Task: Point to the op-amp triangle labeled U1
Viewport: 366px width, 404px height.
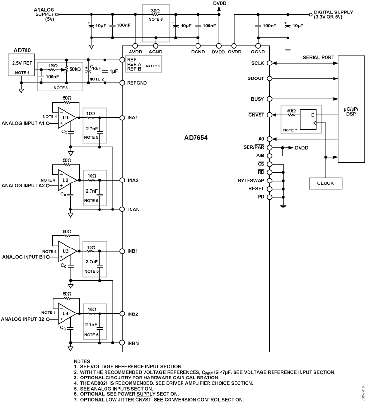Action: click(x=65, y=117)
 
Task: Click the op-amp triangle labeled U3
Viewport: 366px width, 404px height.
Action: click(x=65, y=251)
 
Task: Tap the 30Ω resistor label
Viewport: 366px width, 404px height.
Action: click(x=155, y=10)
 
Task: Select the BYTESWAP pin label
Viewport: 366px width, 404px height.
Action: click(x=249, y=180)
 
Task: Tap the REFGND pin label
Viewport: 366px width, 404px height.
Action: click(x=137, y=83)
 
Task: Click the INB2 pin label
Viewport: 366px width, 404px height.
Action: click(x=133, y=314)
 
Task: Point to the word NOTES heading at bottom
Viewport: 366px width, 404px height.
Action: click(x=82, y=361)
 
